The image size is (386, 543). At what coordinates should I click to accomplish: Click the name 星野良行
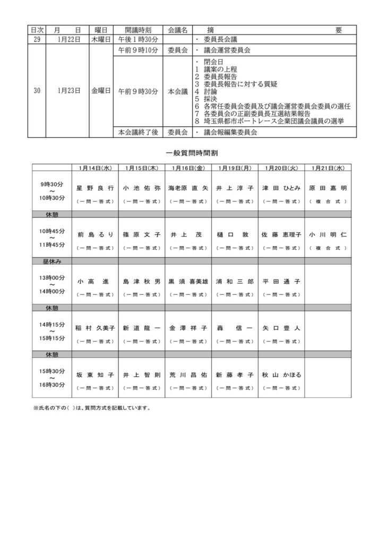[x=95, y=188]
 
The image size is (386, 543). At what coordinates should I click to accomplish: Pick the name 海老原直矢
[x=188, y=188]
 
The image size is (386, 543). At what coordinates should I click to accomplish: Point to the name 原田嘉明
[x=328, y=188]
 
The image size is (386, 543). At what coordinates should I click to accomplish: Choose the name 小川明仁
[x=328, y=234]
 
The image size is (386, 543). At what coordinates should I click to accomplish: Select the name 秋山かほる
[x=281, y=375]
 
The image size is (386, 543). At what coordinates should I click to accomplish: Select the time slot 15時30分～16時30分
[x=52, y=377]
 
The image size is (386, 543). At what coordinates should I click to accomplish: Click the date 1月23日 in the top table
[x=68, y=91]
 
